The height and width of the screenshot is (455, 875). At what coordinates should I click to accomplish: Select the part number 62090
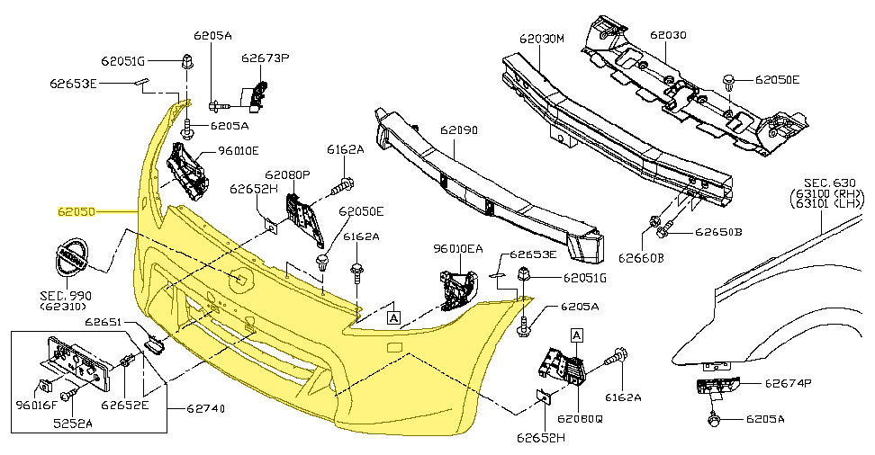[458, 130]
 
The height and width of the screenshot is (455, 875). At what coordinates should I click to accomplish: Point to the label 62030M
[541, 40]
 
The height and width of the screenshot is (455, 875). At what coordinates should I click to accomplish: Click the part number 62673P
[265, 58]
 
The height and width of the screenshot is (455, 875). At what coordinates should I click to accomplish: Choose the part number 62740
[206, 409]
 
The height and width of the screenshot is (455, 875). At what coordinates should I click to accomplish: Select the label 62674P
[788, 383]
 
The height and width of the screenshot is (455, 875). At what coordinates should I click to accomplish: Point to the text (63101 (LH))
[825, 204]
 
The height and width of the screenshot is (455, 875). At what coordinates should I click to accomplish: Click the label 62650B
[718, 233]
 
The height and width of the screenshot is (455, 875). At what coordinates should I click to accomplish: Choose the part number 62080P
[287, 174]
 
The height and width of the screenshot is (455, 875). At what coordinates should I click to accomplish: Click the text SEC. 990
[65, 295]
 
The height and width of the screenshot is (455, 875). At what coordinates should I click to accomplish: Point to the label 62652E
[125, 404]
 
